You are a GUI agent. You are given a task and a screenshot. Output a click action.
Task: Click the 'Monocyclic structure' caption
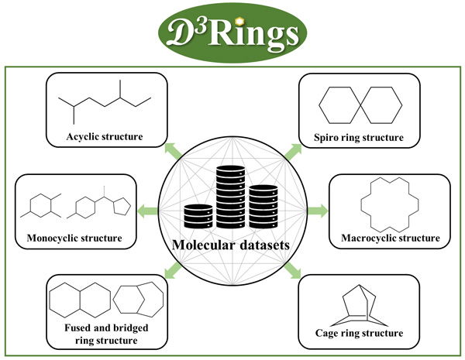(73, 238)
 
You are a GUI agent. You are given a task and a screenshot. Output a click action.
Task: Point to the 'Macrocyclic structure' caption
(389, 238)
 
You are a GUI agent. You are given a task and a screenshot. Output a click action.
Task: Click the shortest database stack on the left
(198, 215)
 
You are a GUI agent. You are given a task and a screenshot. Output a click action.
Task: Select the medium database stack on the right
(263, 204)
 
